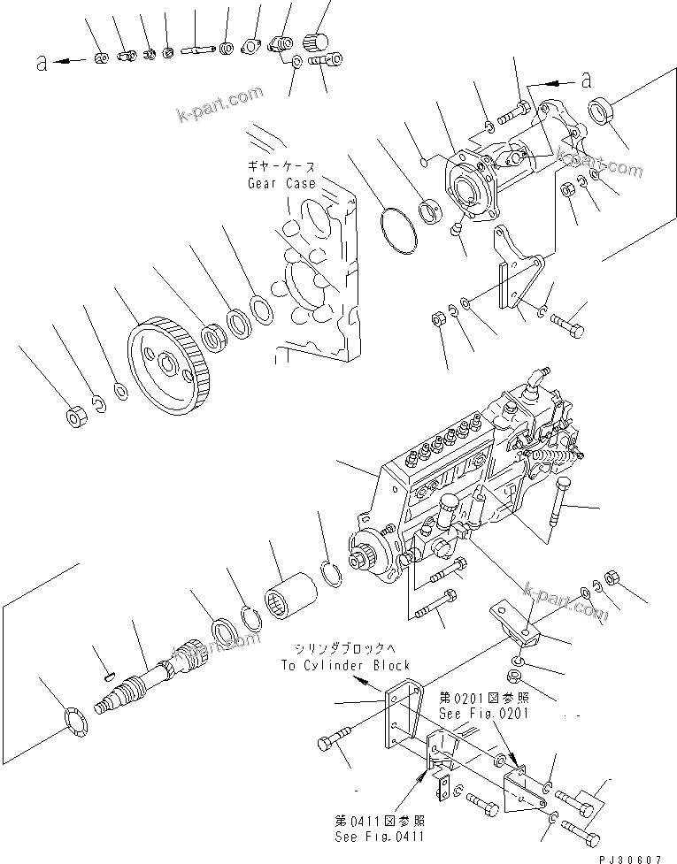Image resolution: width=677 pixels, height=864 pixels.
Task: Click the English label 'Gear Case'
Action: pos(281,184)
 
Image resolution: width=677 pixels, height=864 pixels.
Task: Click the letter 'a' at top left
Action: pos(41,61)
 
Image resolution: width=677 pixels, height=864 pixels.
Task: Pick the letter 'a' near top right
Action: pos(585,80)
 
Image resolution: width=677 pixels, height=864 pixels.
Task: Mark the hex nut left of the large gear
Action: pos(77,416)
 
